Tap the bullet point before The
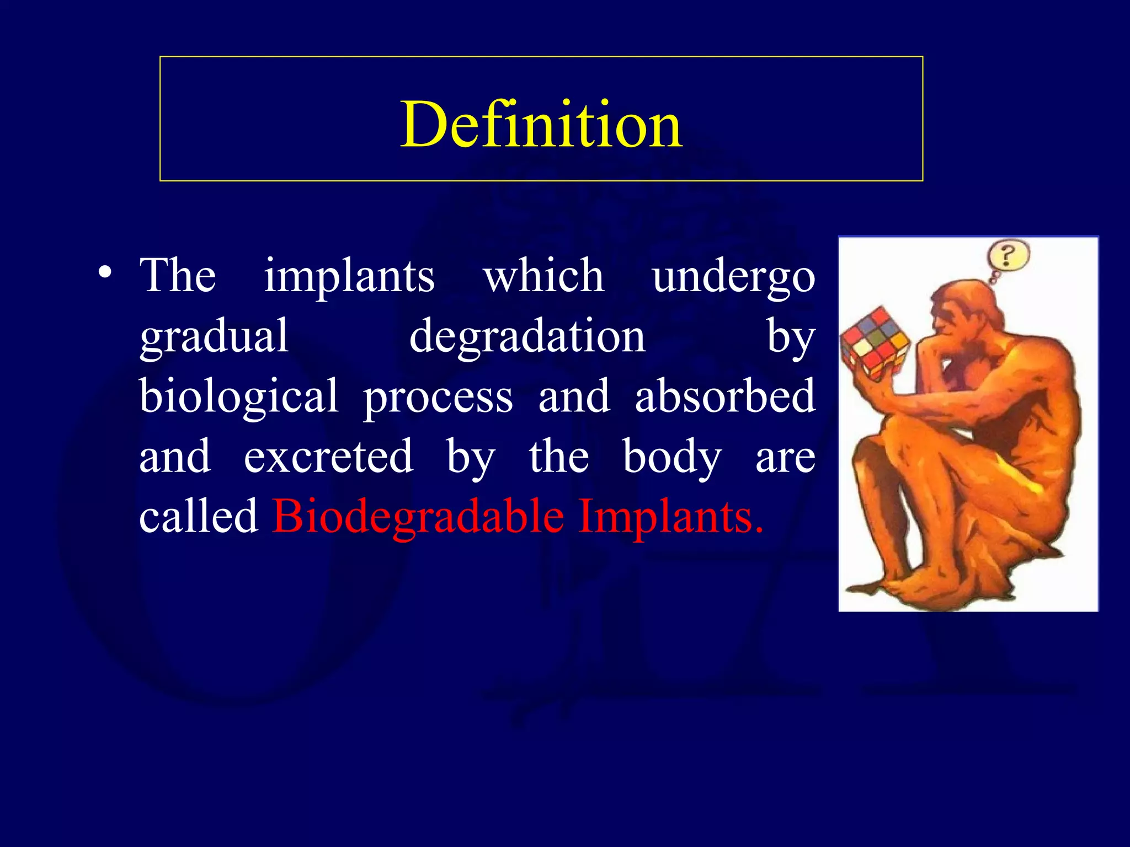(x=105, y=272)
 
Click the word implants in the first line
(x=349, y=276)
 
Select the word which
(x=543, y=276)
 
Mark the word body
(x=672, y=458)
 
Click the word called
(x=199, y=516)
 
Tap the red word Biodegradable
(x=418, y=517)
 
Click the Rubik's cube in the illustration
(x=874, y=344)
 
